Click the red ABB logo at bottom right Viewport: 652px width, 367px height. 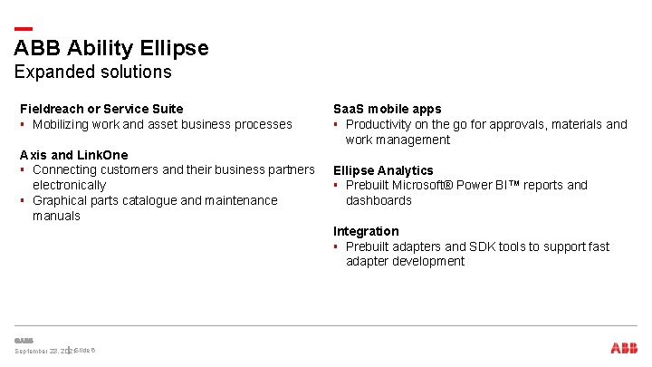pyautogui.click(x=623, y=348)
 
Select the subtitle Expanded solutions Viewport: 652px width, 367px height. pyautogui.click(x=92, y=72)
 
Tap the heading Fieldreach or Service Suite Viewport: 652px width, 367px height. pyautogui.click(x=101, y=109)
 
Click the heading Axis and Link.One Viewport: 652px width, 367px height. pyautogui.click(x=74, y=155)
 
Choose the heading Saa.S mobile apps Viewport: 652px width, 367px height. pyautogui.click(x=388, y=109)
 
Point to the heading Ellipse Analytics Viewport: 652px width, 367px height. pyautogui.click(x=383, y=170)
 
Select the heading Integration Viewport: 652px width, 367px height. pyautogui.click(x=366, y=231)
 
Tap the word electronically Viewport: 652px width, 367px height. pyautogui.click(x=69, y=185)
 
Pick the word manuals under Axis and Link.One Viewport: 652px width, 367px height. pyautogui.click(x=56, y=216)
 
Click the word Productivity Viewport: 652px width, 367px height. pyautogui.click(x=380, y=124)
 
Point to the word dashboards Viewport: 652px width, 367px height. pyautogui.click(x=379, y=200)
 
